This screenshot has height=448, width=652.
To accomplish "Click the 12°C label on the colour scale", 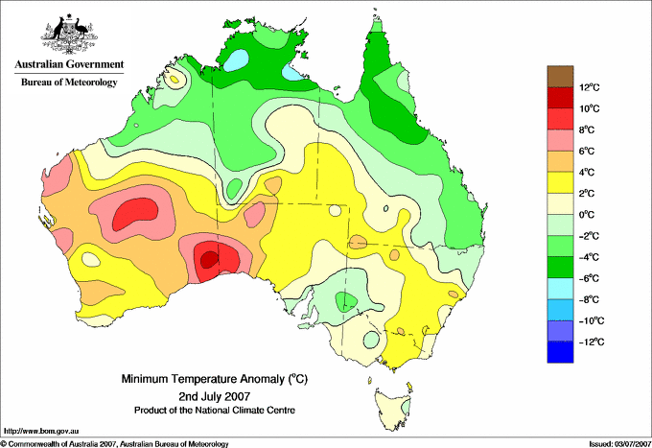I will pos(589,87).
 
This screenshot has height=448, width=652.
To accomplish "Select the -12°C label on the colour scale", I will pos(591,342).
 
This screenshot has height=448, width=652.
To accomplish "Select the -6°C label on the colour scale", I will pos(591,278).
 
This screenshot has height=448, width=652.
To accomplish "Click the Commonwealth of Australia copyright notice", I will pos(115,443).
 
